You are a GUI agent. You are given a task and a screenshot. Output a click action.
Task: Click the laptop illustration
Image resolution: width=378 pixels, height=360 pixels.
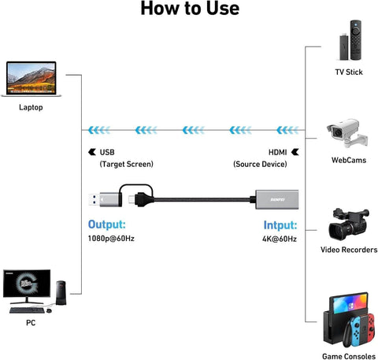pyautogui.click(x=31, y=79)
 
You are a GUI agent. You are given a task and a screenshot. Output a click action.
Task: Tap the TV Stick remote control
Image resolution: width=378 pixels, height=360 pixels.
pyautogui.click(x=356, y=40)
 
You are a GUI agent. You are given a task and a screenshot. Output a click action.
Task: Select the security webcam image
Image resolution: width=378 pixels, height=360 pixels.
pyautogui.click(x=347, y=133)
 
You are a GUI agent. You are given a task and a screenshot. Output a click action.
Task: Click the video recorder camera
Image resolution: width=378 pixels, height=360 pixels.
pyautogui.click(x=349, y=224)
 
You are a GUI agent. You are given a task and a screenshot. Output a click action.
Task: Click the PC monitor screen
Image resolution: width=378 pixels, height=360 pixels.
pyautogui.click(x=27, y=284)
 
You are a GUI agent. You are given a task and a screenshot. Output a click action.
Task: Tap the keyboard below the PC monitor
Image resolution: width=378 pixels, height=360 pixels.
pyautogui.click(x=27, y=310)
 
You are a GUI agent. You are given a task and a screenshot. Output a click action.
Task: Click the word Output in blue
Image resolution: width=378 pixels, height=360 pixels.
pyautogui.click(x=107, y=225)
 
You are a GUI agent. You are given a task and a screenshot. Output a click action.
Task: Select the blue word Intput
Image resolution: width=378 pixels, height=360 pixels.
pyautogui.click(x=280, y=225)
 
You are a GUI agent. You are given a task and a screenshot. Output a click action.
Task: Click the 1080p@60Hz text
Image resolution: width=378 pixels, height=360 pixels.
pyautogui.click(x=111, y=239)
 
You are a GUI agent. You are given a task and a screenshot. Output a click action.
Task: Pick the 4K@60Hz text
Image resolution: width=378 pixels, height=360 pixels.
pyautogui.click(x=280, y=239)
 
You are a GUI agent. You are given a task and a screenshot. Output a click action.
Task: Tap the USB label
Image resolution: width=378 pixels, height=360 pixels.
pyautogui.click(x=107, y=152)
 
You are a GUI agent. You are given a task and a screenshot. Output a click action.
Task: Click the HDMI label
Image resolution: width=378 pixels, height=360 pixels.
pyautogui.click(x=277, y=152)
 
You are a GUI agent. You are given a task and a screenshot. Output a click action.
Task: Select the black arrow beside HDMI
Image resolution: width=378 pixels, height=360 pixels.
pyautogui.click(x=295, y=152)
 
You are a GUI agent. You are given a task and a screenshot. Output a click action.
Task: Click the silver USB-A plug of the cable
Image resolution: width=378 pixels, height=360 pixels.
pyautogui.click(x=105, y=199)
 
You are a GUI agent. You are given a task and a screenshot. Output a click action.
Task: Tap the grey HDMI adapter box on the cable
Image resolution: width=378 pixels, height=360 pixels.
pyautogui.click(x=277, y=199)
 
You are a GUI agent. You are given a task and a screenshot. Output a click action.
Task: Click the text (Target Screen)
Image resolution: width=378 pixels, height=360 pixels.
pyautogui.click(x=127, y=164)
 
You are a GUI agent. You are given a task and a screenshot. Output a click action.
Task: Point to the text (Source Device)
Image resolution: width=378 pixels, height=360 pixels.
pyautogui.click(x=260, y=164)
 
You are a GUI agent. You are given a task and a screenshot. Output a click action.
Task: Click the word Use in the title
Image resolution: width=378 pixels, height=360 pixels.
pyautogui.click(x=223, y=8)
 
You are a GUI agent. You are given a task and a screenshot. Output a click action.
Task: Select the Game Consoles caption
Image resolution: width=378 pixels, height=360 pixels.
pyautogui.click(x=349, y=356)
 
